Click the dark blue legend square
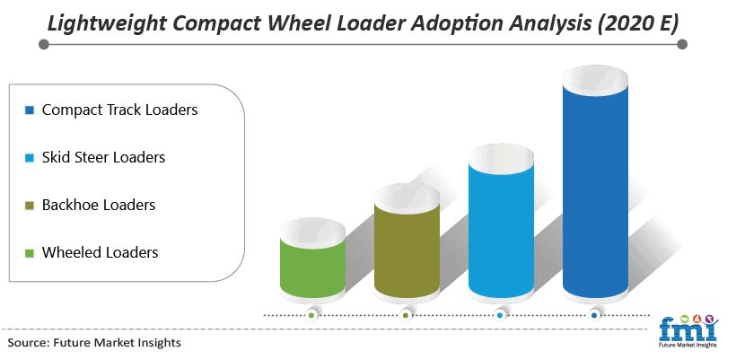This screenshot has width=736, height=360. (30, 110)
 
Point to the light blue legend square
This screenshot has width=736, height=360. (30, 158)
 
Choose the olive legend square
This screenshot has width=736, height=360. (30, 206)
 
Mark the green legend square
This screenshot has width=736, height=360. (30, 253)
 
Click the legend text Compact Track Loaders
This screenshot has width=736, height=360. (119, 110)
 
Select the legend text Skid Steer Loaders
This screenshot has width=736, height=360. (104, 157)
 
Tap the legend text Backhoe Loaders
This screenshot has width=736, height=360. (99, 205)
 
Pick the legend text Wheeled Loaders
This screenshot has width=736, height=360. (100, 252)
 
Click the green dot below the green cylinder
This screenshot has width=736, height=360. (311, 316)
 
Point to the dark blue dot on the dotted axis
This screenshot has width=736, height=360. (594, 316)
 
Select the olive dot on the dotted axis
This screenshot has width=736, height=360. (406, 316)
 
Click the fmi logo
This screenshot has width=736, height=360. (688, 331)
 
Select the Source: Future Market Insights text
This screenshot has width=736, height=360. (94, 343)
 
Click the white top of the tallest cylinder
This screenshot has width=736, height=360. (595, 79)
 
